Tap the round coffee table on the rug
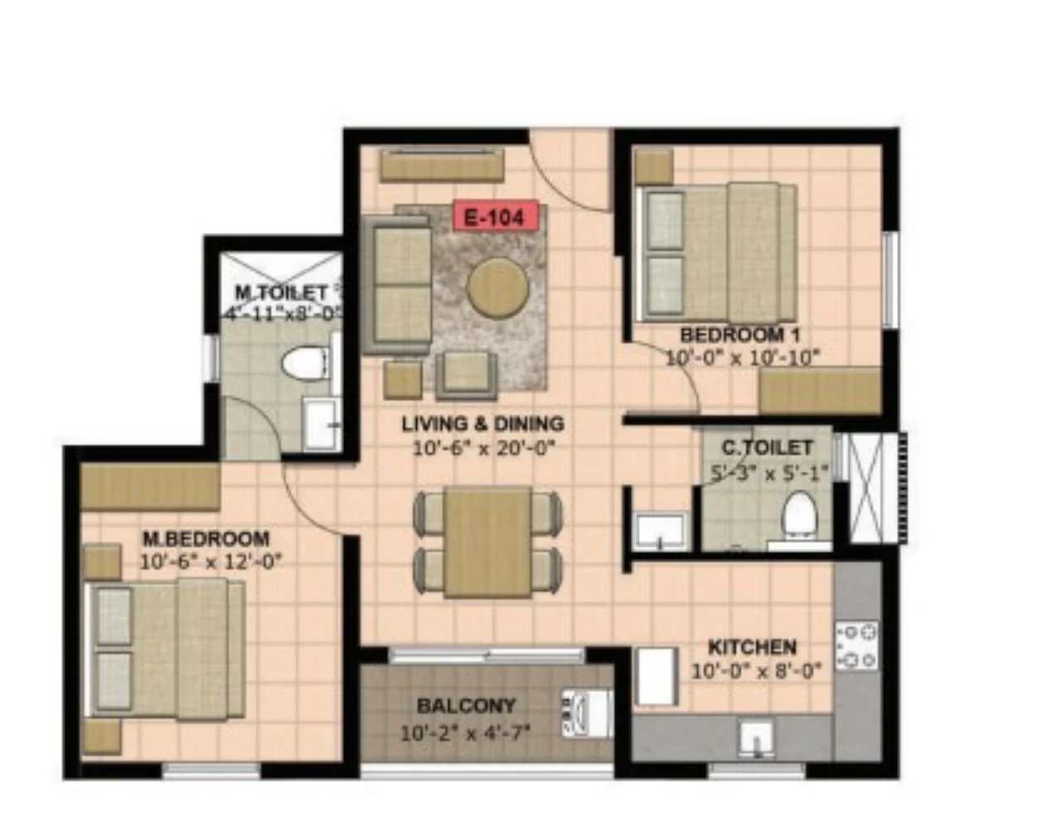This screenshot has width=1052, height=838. point(497,287)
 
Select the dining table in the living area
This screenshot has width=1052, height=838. point(488,542)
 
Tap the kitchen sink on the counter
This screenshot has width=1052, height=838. point(756,739)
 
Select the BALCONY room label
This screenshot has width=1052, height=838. point(467,705)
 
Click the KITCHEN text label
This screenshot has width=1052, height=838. point(753,648)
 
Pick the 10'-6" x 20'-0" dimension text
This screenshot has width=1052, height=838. point(486,448)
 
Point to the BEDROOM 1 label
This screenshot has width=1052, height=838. point(740,336)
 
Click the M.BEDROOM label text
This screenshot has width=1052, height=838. point(206,539)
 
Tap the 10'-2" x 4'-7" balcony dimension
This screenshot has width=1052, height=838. point(465,734)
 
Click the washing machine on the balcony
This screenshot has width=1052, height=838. point(587,714)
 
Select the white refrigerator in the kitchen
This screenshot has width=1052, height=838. point(656,676)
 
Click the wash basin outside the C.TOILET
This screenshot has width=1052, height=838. point(661,531)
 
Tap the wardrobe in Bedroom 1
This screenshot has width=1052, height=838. point(820,391)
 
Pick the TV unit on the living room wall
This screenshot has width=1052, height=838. point(442,165)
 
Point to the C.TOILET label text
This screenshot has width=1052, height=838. point(767,448)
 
